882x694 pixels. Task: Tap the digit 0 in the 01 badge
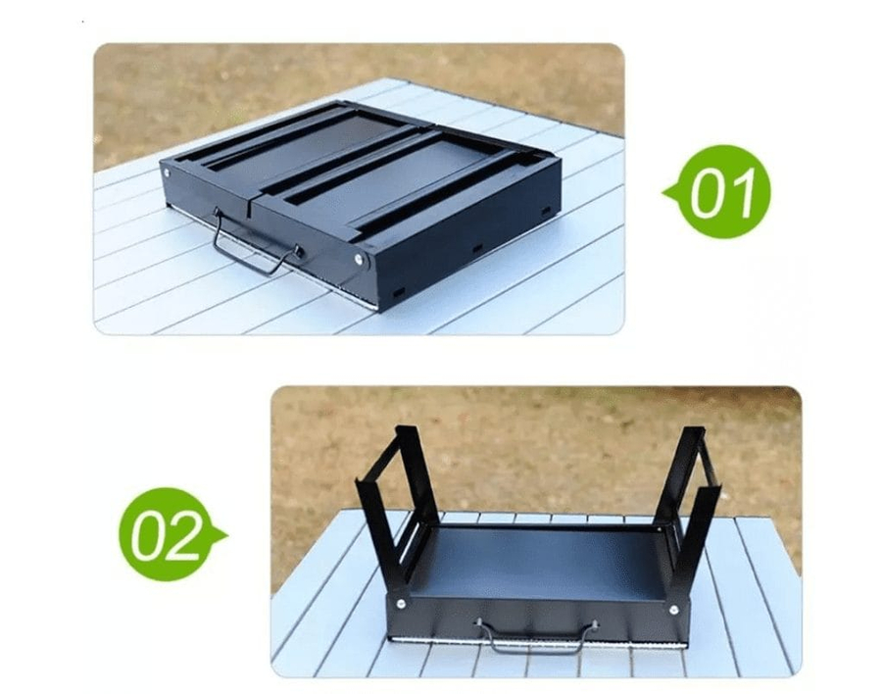709,193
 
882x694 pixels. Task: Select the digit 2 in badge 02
181,536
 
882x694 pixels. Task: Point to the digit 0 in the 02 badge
148,534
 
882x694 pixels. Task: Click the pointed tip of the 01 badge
663,193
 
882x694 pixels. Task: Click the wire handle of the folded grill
254,252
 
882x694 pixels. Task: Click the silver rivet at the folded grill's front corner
359,259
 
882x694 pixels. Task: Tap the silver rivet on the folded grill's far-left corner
167,173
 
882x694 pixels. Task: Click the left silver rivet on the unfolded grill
401,604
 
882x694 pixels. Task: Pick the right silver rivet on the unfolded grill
673,609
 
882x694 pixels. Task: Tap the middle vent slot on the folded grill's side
477,248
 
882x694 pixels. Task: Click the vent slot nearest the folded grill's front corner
398,292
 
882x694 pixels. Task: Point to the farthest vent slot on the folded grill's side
545,211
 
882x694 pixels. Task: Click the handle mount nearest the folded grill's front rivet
299,251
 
